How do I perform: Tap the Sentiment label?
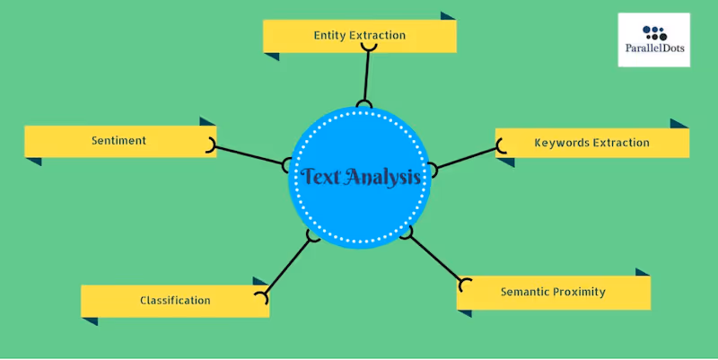[x=118, y=141]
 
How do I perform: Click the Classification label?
[x=175, y=301]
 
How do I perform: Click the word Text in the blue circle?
[x=320, y=177]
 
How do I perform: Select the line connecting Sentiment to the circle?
[x=250, y=154]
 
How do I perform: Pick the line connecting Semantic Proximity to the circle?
[x=434, y=259]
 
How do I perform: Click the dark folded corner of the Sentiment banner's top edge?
[x=207, y=121]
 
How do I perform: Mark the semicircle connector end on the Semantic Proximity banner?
[x=464, y=285]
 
